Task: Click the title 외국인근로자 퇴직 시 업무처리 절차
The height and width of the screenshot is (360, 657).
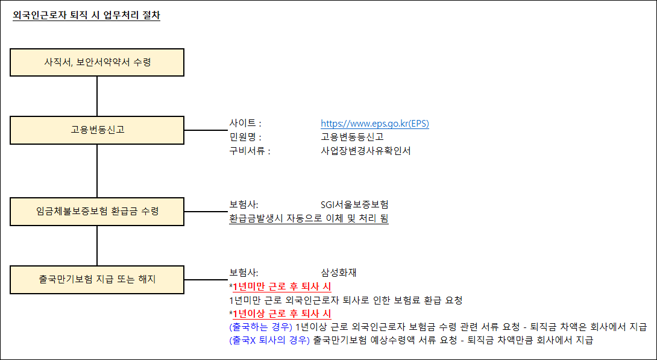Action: [86, 16]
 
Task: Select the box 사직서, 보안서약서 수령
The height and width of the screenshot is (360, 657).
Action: [97, 62]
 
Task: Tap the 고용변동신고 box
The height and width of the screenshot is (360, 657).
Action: [97, 130]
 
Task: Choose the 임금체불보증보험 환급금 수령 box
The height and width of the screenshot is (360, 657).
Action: [97, 212]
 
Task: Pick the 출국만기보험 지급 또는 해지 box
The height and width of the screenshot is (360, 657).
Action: [97, 280]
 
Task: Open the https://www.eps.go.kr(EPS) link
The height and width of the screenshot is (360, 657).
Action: [374, 124]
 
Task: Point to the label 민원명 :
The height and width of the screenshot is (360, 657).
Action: [245, 137]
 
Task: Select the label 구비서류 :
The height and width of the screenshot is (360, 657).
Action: [250, 151]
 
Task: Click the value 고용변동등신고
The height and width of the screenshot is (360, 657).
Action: [352, 137]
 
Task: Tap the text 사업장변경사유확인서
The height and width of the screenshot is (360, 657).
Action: [365, 151]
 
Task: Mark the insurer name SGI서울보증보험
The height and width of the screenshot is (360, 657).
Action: [354, 204]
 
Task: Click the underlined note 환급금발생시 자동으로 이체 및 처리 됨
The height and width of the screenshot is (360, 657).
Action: [309, 218]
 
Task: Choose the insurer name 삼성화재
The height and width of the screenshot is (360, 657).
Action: [339, 273]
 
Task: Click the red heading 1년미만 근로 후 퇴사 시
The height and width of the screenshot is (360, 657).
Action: [281, 286]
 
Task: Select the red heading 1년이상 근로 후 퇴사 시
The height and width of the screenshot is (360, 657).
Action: [281, 314]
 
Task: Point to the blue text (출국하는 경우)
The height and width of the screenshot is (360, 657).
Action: [260, 327]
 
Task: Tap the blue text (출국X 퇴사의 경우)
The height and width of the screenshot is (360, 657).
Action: [269, 341]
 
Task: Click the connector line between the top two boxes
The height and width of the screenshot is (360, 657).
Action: [97, 96]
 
